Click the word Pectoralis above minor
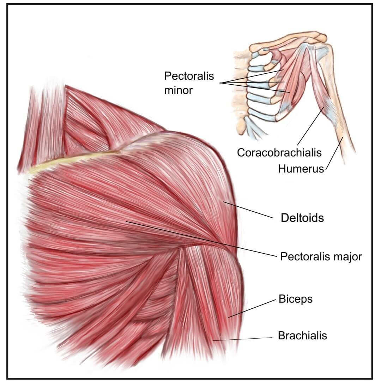pos(189,76)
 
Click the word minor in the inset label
pos(179,90)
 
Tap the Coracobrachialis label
pos(279,152)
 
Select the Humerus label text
pos(301,169)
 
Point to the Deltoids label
pos(302,218)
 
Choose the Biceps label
pos(296,300)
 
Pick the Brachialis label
pos(302,335)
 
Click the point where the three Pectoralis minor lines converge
pos(220,83)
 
